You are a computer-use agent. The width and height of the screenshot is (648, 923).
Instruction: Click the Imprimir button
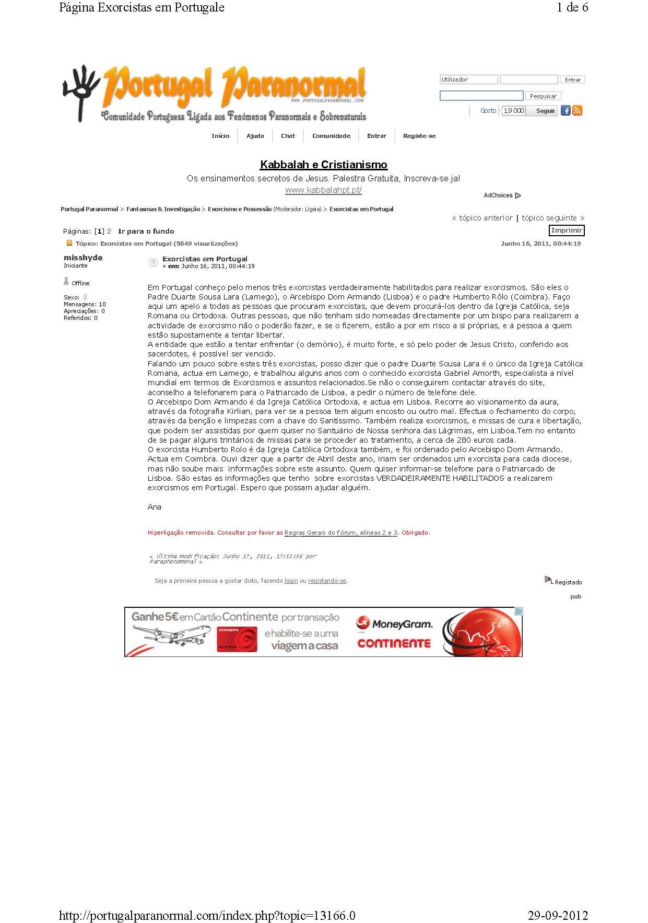pyautogui.click(x=567, y=230)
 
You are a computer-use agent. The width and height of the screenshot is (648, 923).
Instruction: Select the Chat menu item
pyautogui.click(x=288, y=136)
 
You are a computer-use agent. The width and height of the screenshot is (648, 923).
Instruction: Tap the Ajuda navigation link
pyautogui.click(x=255, y=136)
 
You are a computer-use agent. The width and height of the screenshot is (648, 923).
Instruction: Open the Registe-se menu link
pyautogui.click(x=419, y=136)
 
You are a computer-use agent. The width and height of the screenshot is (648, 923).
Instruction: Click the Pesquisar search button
pyautogui.click(x=543, y=96)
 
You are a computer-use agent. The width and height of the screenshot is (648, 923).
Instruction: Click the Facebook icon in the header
pyautogui.click(x=565, y=110)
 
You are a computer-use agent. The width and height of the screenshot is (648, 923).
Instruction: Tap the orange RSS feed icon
pyautogui.click(x=577, y=110)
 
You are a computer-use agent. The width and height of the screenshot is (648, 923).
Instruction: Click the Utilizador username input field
pyautogui.click(x=468, y=79)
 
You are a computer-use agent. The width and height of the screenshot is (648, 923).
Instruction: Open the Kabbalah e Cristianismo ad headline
pyautogui.click(x=324, y=165)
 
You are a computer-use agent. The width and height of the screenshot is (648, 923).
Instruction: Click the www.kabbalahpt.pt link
pyautogui.click(x=323, y=190)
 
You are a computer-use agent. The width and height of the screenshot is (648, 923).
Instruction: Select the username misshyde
pyautogui.click(x=83, y=258)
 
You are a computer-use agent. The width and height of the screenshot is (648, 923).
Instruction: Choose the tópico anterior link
pyautogui.click(x=482, y=218)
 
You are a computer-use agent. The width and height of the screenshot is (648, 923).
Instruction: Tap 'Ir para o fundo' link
pyautogui.click(x=146, y=231)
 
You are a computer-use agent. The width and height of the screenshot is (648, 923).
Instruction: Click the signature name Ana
pyautogui.click(x=155, y=507)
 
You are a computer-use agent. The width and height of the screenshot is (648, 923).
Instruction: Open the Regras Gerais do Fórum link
pyautogui.click(x=341, y=533)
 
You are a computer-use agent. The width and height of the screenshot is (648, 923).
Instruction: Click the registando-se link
pyautogui.click(x=327, y=581)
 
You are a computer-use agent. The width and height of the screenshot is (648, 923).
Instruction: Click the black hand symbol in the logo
pyautogui.click(x=81, y=91)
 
